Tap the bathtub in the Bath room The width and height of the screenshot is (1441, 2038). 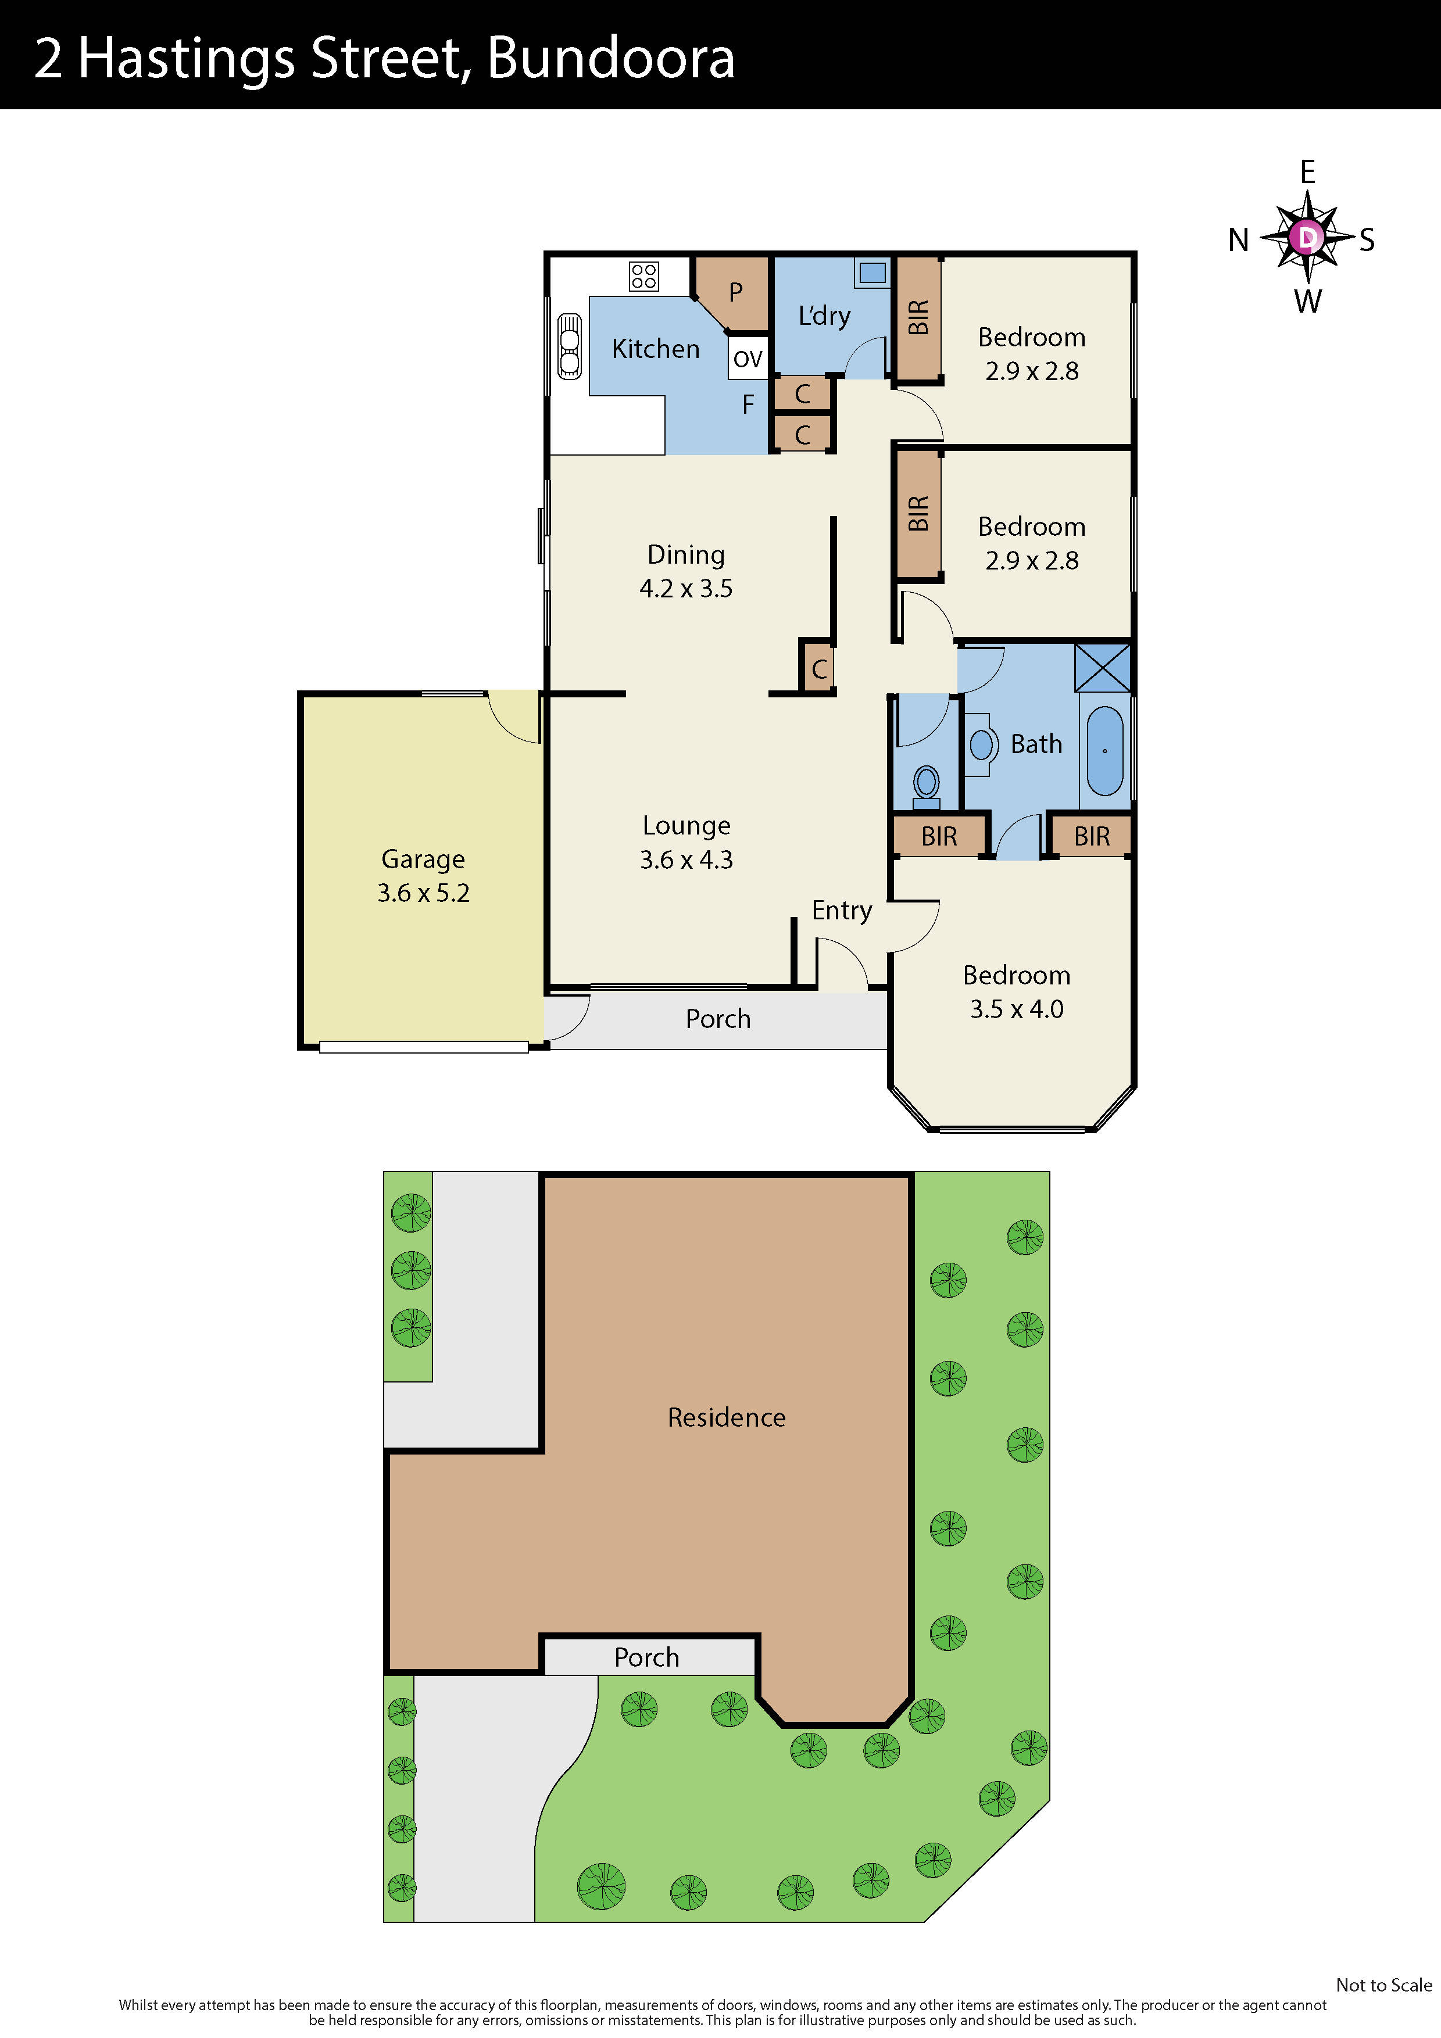click(1104, 751)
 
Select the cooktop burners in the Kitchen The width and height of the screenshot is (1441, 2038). click(643, 276)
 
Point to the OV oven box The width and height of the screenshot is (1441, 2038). click(748, 359)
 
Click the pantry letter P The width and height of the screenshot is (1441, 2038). click(735, 292)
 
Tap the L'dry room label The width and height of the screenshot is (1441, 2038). click(824, 316)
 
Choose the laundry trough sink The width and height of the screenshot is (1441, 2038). click(872, 273)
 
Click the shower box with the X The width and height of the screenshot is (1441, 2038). click(1102, 668)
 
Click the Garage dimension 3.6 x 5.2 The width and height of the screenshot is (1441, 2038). click(424, 893)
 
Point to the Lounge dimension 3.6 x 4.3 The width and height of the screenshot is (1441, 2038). click(686, 859)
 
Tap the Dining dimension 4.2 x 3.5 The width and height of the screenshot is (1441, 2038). click(686, 589)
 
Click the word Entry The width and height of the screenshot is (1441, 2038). click(842, 911)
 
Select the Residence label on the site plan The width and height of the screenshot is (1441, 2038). click(726, 1417)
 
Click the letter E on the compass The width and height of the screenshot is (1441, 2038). click(1308, 172)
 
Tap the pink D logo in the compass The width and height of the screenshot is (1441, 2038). click(1307, 238)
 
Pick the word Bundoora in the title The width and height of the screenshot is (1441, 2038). click(611, 59)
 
